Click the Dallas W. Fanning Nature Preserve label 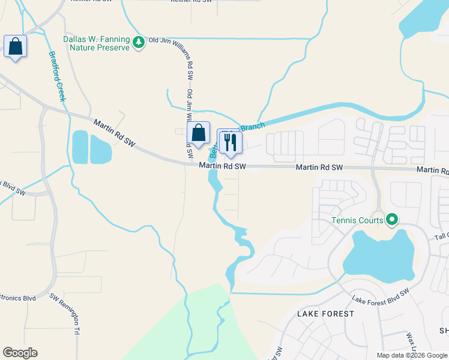(97, 43)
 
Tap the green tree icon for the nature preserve (139, 42)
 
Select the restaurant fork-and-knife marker (229, 143)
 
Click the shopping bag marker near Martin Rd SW (198, 134)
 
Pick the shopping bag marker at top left (15, 47)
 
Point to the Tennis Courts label (357, 220)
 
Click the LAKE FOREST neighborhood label (322, 314)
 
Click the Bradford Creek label (57, 75)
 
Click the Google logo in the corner (20, 353)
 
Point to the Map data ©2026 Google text (411, 355)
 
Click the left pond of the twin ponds (80, 147)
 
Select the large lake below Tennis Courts (378, 255)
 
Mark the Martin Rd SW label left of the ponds (115, 131)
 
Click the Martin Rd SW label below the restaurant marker (223, 166)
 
